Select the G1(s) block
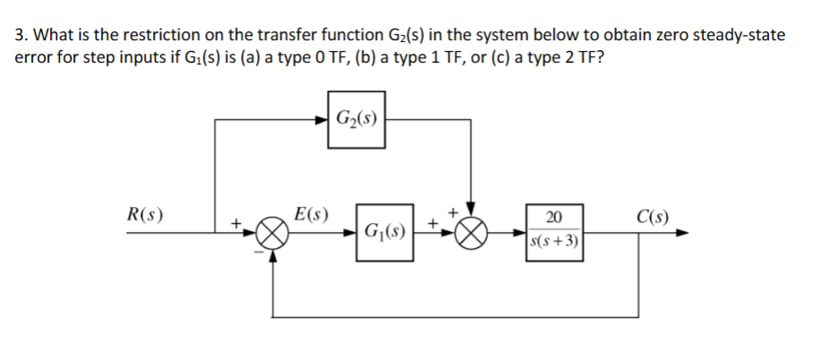pyautogui.click(x=384, y=236)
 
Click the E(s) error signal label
pyautogui.click(x=311, y=216)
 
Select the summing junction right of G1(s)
pyautogui.click(x=473, y=236)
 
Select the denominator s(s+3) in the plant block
pyautogui.click(x=553, y=242)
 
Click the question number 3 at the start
pyautogui.click(x=21, y=36)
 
